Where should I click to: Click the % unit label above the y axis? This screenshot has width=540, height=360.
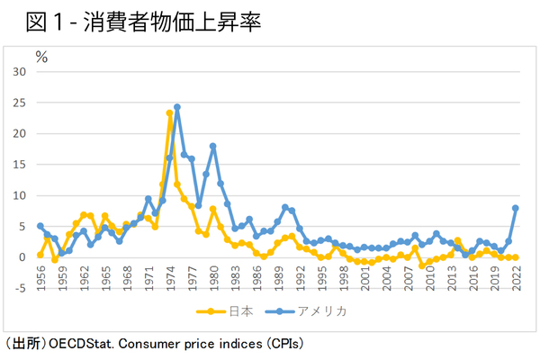pos(41,56)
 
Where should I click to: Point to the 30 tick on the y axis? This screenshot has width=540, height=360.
pos(21,71)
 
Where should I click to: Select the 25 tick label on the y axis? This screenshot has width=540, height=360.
pos(21,103)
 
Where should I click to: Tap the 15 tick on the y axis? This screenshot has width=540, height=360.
pos(21,165)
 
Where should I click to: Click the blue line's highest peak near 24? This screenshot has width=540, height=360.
pos(177,106)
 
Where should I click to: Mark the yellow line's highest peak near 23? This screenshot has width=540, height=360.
pos(169,113)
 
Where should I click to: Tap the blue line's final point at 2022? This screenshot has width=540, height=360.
pos(516,208)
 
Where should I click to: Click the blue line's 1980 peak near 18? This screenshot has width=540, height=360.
pos(213,146)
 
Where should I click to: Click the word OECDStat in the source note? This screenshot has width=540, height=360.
pos(78,343)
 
